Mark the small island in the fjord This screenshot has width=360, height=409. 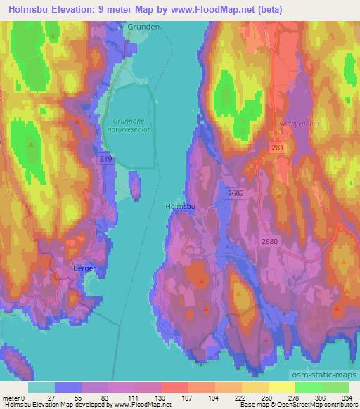134,186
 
